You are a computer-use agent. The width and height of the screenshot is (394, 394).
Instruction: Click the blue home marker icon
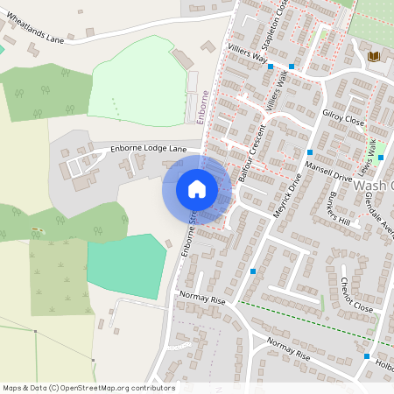coord(197,189)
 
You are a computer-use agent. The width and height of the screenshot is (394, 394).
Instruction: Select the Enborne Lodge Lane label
coord(149,150)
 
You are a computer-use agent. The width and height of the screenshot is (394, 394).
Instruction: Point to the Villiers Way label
coord(247,57)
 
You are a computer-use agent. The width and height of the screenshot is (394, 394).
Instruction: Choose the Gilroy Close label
coord(342,116)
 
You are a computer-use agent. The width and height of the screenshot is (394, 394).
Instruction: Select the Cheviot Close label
coord(355,294)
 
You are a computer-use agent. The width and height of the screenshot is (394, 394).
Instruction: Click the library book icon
coord(374,57)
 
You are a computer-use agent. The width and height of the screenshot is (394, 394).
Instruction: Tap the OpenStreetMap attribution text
coord(88,388)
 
